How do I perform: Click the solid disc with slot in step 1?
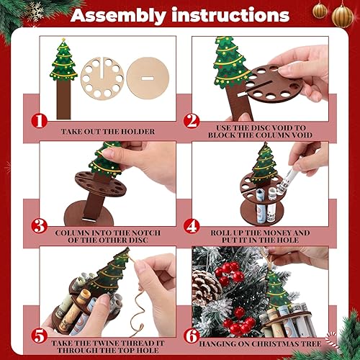click(x=147, y=76)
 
